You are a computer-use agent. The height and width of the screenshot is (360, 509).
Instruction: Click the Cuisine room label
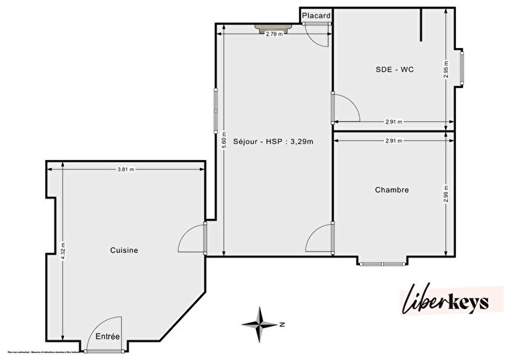(x=124, y=250)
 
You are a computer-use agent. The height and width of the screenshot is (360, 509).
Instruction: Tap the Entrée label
(x=108, y=336)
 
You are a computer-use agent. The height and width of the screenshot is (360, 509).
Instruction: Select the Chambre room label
(x=392, y=190)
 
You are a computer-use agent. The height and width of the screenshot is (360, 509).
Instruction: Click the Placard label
(x=316, y=15)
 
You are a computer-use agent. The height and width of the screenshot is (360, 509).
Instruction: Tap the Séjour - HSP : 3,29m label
(x=273, y=141)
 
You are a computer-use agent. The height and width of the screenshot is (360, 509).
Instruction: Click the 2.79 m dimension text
(x=273, y=34)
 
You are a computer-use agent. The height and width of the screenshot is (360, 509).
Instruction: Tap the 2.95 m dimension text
(x=446, y=71)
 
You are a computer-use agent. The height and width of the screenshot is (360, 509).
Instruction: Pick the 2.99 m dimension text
(x=446, y=194)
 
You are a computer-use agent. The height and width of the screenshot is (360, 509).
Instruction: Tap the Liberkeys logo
(x=451, y=300)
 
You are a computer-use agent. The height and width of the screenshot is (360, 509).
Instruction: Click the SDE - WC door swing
(x=346, y=109)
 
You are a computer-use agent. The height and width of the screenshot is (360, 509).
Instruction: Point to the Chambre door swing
(x=320, y=239)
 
